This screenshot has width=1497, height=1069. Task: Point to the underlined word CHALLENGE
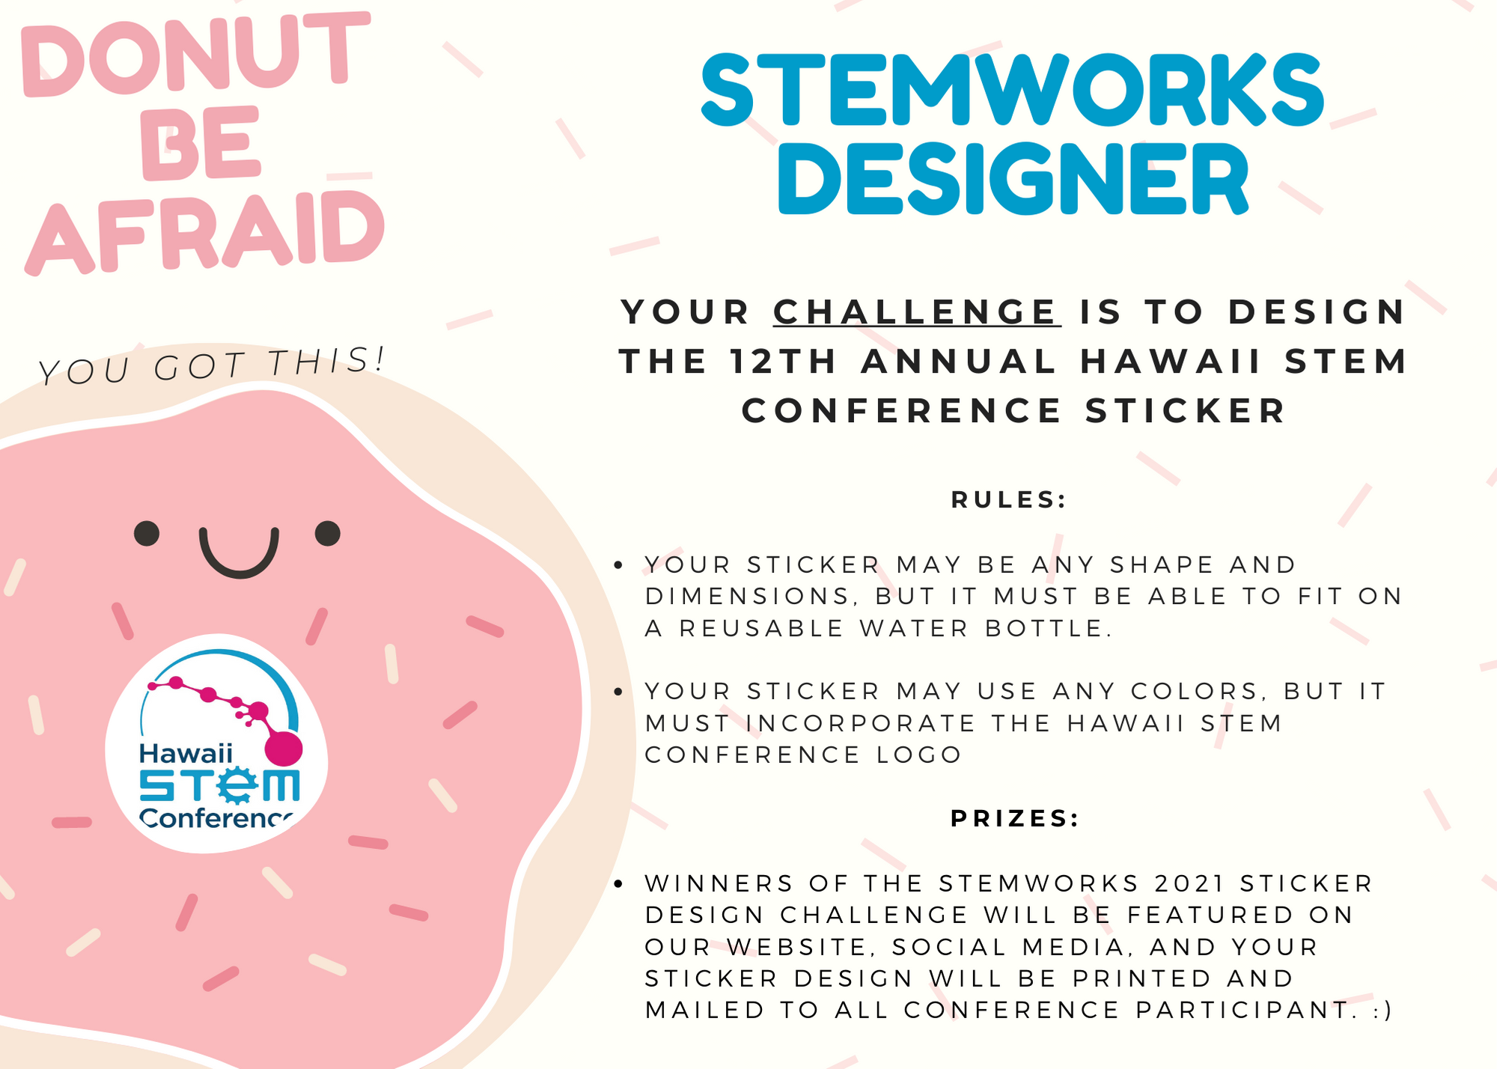coord(916,312)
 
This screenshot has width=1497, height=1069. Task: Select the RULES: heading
coord(1009,500)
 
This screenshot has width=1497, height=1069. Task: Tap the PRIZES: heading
coord(1015,818)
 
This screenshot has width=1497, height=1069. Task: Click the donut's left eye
coord(147,534)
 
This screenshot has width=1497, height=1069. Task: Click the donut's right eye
coord(328,534)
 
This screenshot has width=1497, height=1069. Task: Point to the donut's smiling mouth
coord(239,558)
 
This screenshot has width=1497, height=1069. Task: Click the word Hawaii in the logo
coord(186,753)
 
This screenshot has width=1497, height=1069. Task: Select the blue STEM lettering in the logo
coord(219,786)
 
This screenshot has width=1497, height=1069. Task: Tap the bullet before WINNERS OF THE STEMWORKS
coord(618,884)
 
